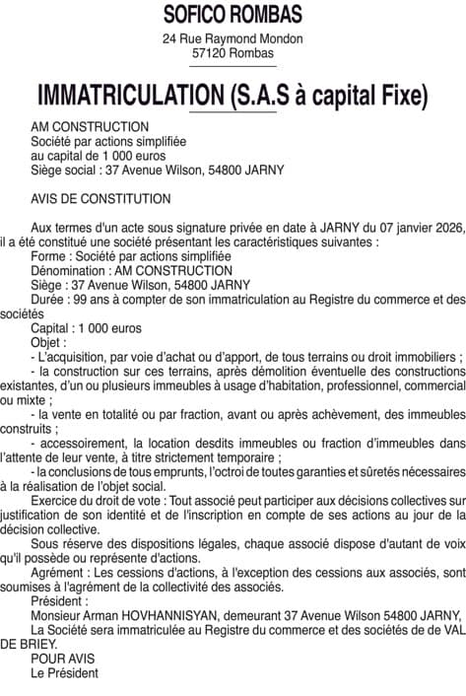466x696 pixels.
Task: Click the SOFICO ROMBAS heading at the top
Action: coord(233,14)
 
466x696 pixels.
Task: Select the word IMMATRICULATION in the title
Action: coord(128,97)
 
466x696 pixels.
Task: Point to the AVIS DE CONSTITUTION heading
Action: coord(100,197)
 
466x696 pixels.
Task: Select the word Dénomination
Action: coord(66,270)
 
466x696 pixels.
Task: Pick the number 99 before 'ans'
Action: coord(83,299)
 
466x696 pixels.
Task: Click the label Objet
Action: coord(47,342)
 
